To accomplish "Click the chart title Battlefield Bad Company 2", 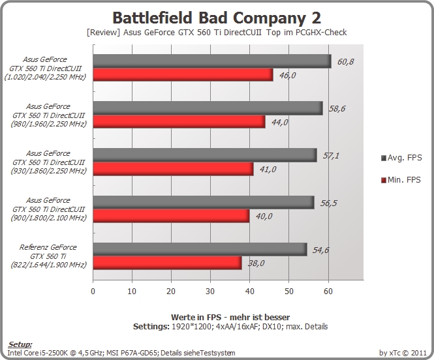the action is pyautogui.click(x=217, y=18).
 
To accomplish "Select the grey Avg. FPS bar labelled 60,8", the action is pyautogui.click(x=212, y=61).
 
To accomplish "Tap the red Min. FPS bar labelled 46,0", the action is pyautogui.click(x=183, y=74).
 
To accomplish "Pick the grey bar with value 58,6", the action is pyautogui.click(x=208, y=108).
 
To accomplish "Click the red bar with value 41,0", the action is pyautogui.click(x=173, y=169).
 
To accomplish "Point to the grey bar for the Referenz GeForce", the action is pyautogui.click(x=200, y=249).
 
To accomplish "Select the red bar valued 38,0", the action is pyautogui.click(x=168, y=263).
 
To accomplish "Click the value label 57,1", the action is pyautogui.click(x=331, y=156).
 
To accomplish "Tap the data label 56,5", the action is pyautogui.click(x=328, y=203).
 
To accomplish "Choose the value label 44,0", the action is pyautogui.click(x=279, y=122).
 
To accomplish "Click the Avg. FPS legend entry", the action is pyautogui.click(x=401, y=158).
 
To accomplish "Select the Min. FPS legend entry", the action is pyautogui.click(x=401, y=180).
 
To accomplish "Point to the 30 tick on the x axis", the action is pyautogui.click(x=210, y=292).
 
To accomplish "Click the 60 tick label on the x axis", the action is pyautogui.click(x=328, y=292).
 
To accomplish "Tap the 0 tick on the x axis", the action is pyautogui.click(x=93, y=292).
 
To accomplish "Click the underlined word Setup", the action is pyautogui.click(x=20, y=344).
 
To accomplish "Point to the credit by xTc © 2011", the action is pyautogui.click(x=403, y=353).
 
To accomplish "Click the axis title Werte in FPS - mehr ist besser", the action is pyautogui.click(x=230, y=317).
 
